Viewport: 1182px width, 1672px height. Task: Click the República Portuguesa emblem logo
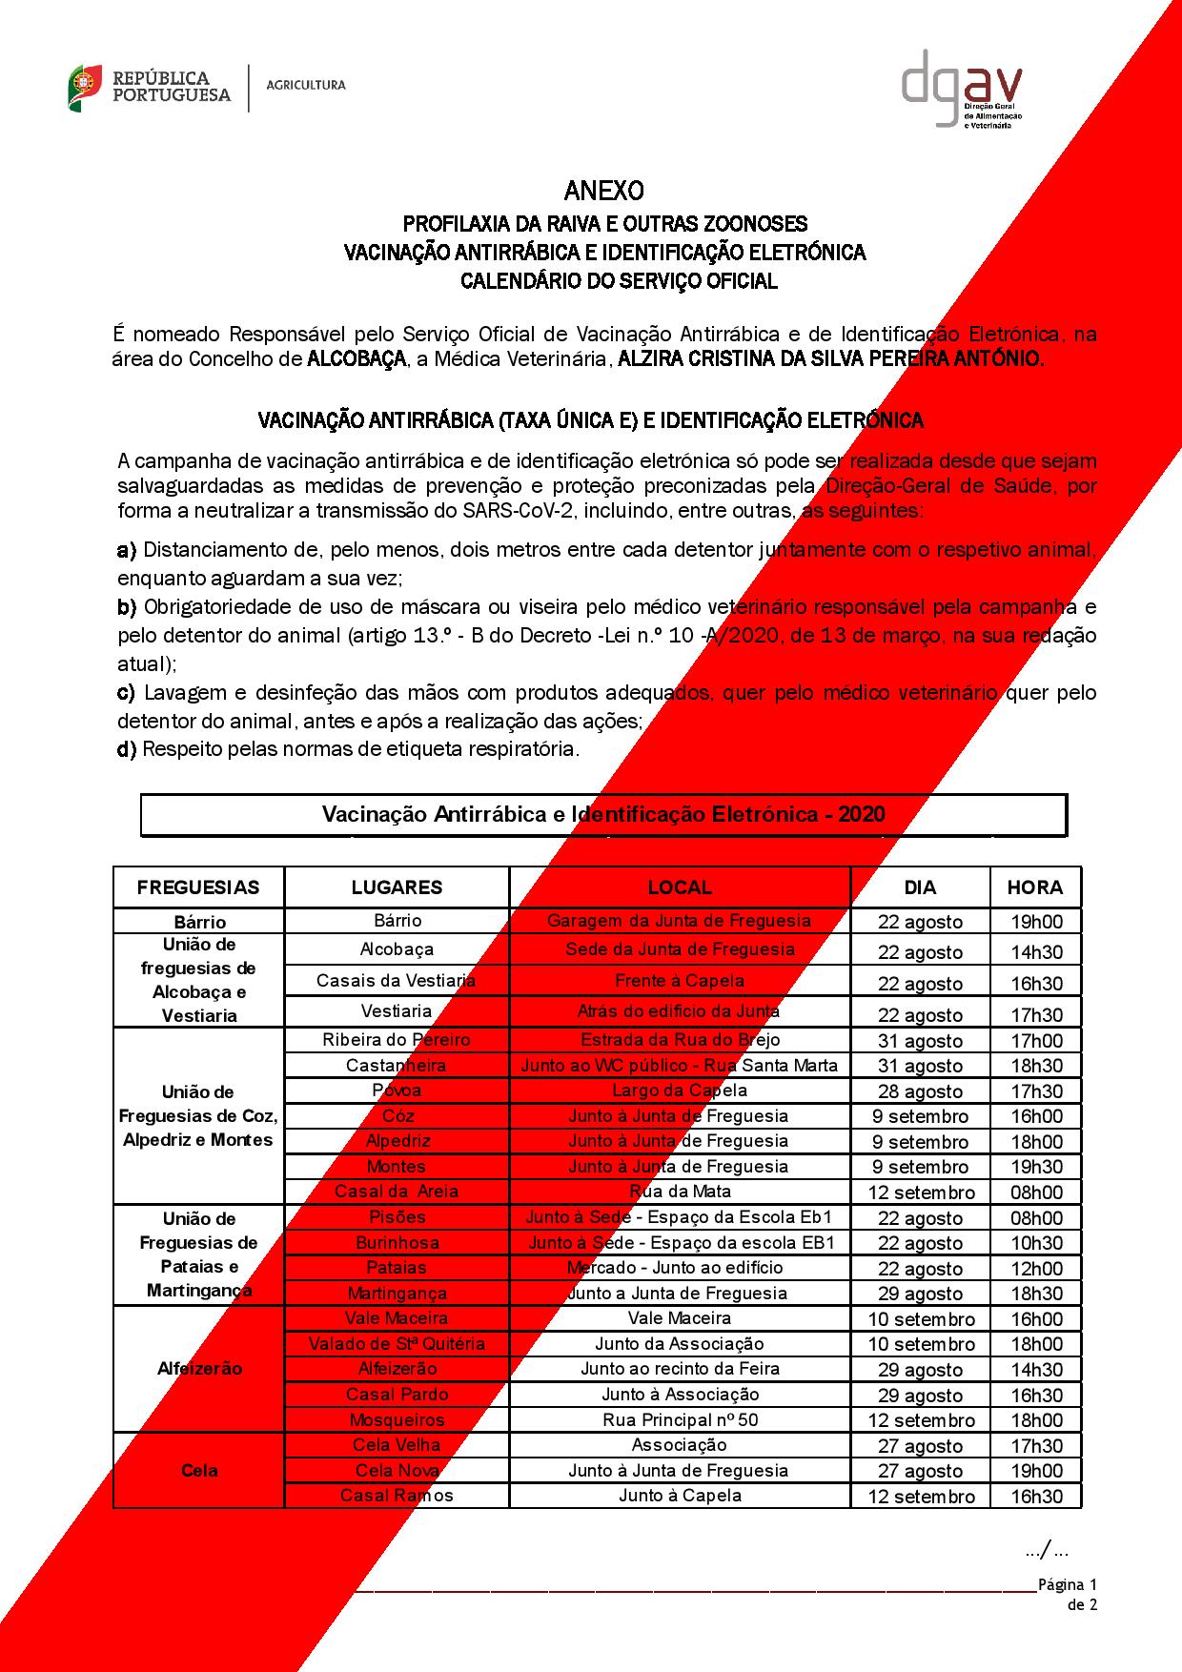(x=86, y=87)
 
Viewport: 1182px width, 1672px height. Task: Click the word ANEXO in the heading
(x=603, y=191)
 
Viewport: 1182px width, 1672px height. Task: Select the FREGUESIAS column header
(x=198, y=887)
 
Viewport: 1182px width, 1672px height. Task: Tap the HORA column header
(x=1034, y=887)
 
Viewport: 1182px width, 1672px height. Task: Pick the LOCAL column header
(x=680, y=887)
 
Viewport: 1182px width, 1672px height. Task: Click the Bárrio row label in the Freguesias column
(x=200, y=922)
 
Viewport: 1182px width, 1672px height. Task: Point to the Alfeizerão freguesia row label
(x=199, y=1369)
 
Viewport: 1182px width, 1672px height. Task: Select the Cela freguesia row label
(x=199, y=1471)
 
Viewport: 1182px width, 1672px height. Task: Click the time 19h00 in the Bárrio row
(x=1035, y=922)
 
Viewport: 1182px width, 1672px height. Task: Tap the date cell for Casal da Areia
(x=921, y=1193)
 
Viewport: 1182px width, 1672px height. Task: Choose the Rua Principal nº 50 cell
(x=680, y=1420)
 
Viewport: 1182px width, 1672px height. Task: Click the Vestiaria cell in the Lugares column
(x=397, y=1011)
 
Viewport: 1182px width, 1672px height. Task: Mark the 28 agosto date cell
(x=921, y=1091)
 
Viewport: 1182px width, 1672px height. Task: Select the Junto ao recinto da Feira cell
(x=680, y=1369)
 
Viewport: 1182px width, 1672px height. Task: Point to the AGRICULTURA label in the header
(x=306, y=86)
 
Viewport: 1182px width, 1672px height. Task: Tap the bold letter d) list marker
(x=127, y=749)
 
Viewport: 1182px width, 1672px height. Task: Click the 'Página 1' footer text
(x=1068, y=1585)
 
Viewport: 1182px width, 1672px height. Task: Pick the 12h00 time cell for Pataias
(x=1035, y=1269)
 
